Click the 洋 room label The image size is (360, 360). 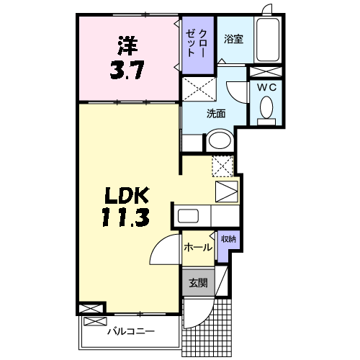pos(127,45)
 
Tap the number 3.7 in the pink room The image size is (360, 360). pos(127,70)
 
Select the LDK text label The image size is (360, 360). pos(127,195)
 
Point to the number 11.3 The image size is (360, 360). pos(125,217)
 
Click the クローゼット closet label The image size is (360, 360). pos(197,43)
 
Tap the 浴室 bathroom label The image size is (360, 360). pos(233,39)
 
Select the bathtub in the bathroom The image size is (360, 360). pos(268,40)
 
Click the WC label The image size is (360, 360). pos(266,88)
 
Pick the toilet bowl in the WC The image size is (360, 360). pos(266,107)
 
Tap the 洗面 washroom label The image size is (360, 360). pos(216,114)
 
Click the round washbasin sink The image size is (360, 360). pos(220,140)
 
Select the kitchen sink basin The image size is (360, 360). pos(188,216)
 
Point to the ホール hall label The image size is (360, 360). pos(198,247)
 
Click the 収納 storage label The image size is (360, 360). pos(228,239)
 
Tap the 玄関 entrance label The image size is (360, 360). pos(198,283)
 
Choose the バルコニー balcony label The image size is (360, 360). pos(131,332)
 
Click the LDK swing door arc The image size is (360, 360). pos(158,241)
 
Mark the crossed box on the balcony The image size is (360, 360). pos(95,322)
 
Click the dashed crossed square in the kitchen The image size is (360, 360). pos(222,166)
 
